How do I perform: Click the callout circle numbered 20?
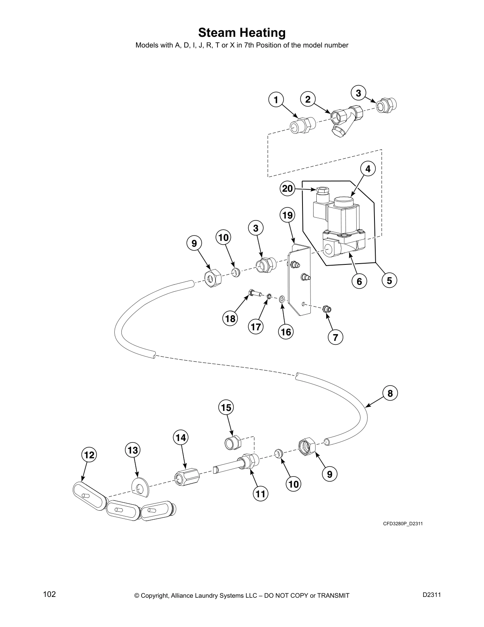click(287, 188)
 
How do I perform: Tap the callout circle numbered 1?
click(276, 99)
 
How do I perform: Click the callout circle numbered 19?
click(287, 215)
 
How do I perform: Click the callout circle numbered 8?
click(390, 393)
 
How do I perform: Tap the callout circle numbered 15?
click(226, 407)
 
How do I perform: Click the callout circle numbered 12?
click(89, 455)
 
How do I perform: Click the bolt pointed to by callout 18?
click(253, 294)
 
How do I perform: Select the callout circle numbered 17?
click(256, 327)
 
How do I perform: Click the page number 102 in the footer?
click(49, 594)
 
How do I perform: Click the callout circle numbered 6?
click(359, 281)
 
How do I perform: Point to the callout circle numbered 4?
click(368, 169)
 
